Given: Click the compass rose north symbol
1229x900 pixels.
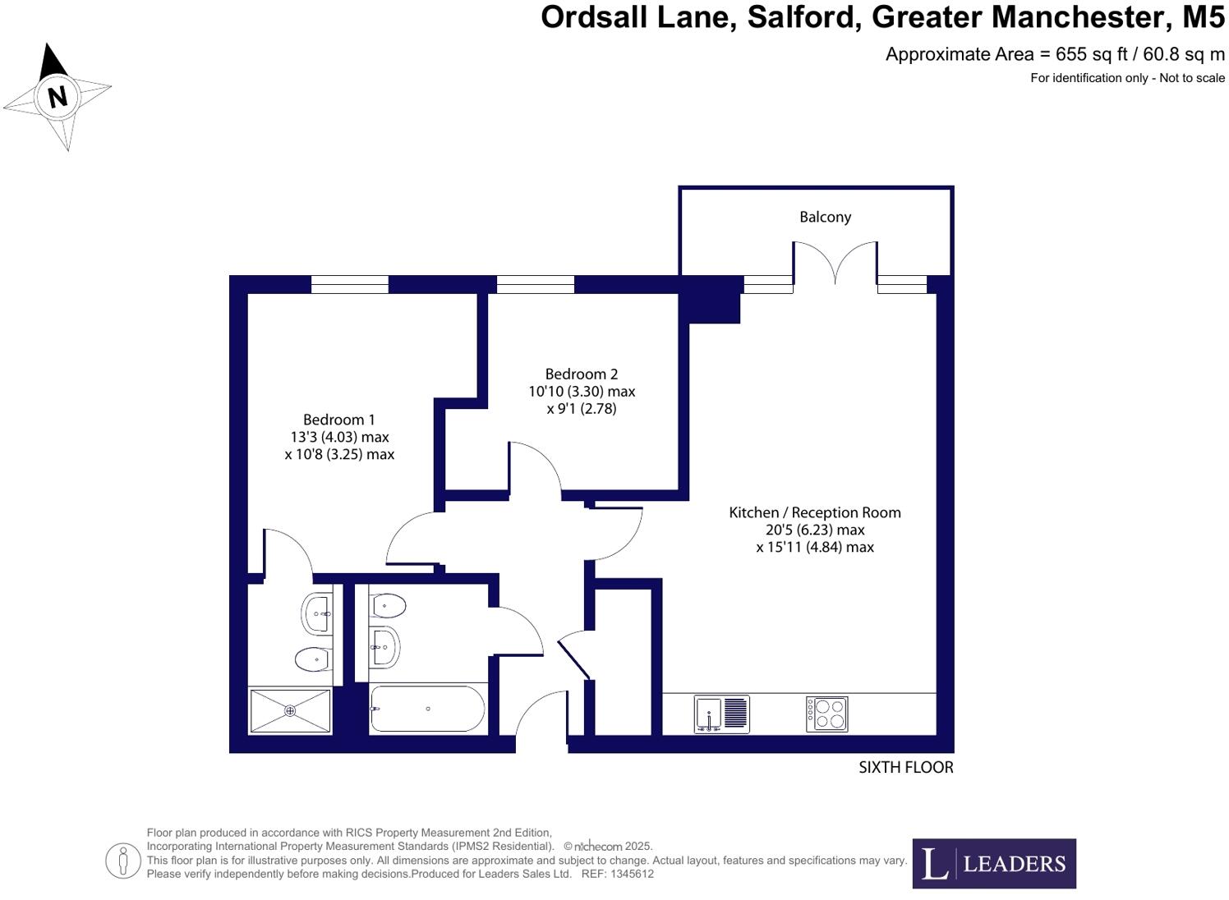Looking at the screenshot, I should pos(57,97).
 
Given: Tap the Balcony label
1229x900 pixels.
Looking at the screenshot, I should pos(825,217).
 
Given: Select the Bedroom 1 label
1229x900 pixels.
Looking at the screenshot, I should pos(338,420).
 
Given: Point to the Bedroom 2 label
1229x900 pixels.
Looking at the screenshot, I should pos(581,374).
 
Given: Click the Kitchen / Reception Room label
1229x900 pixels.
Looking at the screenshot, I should pos(814,512).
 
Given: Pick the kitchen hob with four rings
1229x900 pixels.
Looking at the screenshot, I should pos(826,714).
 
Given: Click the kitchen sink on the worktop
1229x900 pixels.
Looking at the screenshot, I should pos(720,714).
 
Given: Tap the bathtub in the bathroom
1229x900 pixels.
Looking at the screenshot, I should pos(427,709).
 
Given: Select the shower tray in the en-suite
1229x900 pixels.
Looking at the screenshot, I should pos(290,711).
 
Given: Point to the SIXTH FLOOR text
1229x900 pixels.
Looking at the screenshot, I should pos(905,767).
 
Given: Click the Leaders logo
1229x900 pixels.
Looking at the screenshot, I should pos(993,863).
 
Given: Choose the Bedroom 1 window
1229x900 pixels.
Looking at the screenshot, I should pos(349,284).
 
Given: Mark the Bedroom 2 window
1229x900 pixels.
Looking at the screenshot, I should pos(535,284).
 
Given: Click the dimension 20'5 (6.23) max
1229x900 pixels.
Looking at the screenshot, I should pos(814,530).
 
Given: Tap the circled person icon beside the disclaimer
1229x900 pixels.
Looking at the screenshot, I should pos(123,861).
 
